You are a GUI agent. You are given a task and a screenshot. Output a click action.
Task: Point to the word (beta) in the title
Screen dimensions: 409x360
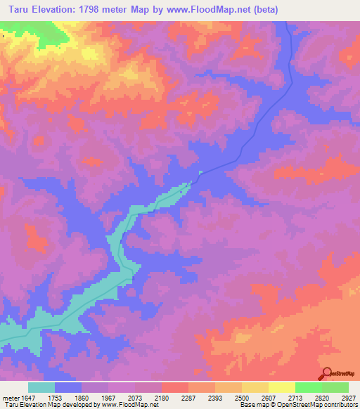pyautogui.click(x=265, y=10)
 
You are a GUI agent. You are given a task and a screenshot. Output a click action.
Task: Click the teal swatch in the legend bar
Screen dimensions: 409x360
pyautogui.click(x=41, y=387)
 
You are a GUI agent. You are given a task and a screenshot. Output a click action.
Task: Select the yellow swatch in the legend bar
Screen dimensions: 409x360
pyautogui.click(x=281, y=387)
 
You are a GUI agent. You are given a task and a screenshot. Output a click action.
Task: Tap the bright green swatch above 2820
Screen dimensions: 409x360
pyautogui.click(x=308, y=387)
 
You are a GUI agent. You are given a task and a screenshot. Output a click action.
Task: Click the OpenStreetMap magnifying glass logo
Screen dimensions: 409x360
pyautogui.click(x=326, y=375)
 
